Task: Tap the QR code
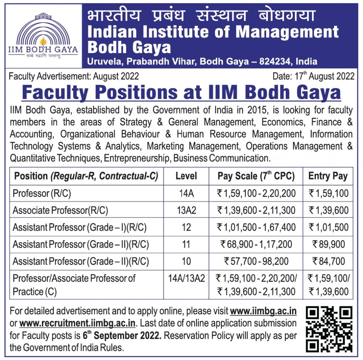point(329,330)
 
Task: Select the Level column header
point(186,176)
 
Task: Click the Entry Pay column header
point(328,176)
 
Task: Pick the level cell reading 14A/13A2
point(186,278)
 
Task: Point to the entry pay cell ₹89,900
point(328,244)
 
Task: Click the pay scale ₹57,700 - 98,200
point(256,261)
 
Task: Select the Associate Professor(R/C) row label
point(60,210)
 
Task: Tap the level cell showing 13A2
point(186,210)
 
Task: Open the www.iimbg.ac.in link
point(263,311)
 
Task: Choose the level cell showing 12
point(186,227)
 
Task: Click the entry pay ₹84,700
point(328,261)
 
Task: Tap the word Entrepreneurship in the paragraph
point(137,158)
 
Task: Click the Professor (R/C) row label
point(36,193)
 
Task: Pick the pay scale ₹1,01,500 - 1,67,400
point(256,227)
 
